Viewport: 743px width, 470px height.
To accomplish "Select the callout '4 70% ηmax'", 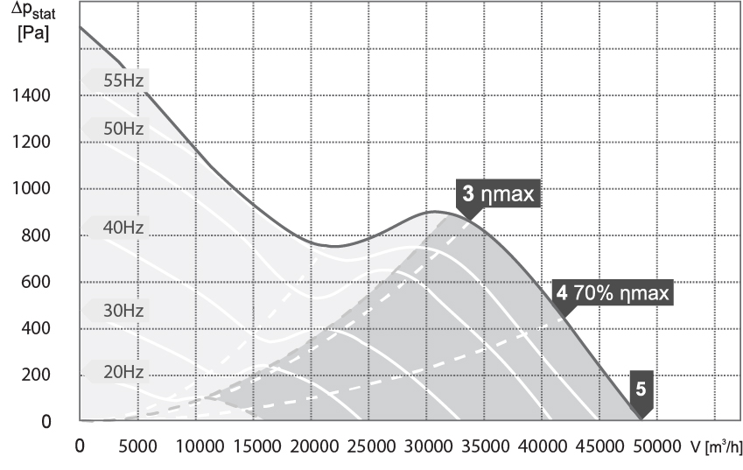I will (613, 293).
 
